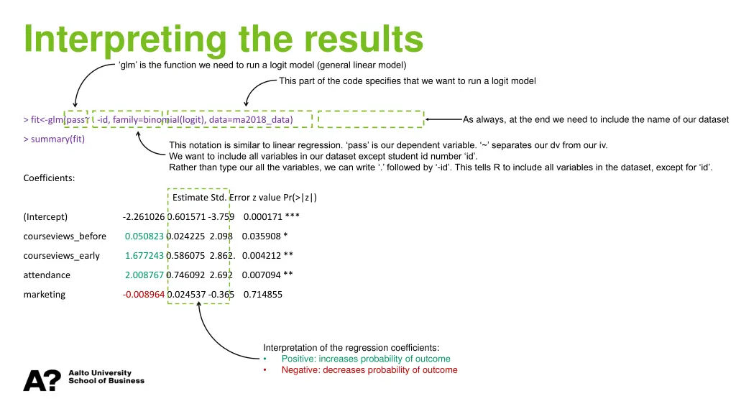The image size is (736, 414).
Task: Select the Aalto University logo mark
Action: pyautogui.click(x=42, y=381)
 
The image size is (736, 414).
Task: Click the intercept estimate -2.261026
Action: pyautogui.click(x=144, y=216)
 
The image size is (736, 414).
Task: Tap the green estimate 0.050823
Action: pyautogui.click(x=144, y=236)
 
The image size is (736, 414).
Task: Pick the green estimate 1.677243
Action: pyautogui.click(x=144, y=255)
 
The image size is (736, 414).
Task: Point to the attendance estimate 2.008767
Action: pyautogui.click(x=144, y=275)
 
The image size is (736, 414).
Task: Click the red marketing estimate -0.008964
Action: pyautogui.click(x=144, y=294)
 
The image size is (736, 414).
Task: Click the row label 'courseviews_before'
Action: pyautogui.click(x=65, y=236)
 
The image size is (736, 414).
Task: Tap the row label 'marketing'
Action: pyautogui.click(x=44, y=294)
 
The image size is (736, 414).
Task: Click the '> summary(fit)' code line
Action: pyautogui.click(x=54, y=139)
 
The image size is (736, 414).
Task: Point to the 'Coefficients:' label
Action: pyautogui.click(x=49, y=178)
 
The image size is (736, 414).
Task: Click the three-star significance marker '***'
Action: pyautogui.click(x=293, y=216)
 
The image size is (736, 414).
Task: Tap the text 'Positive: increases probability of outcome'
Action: pyautogui.click(x=366, y=359)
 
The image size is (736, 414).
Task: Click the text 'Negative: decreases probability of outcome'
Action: pyautogui.click(x=369, y=370)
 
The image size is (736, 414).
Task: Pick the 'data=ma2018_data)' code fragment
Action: pyautogui.click(x=252, y=119)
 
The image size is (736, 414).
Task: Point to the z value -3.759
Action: pyautogui.click(x=221, y=216)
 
